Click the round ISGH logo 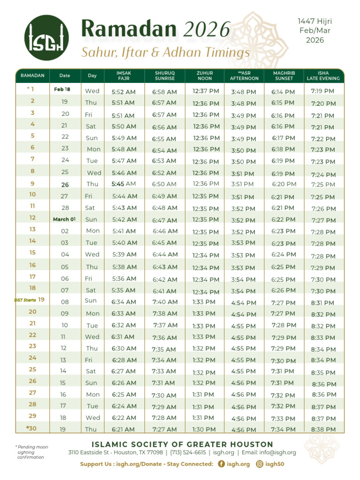click(x=46, y=37)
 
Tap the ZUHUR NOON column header click(x=205, y=75)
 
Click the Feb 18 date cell click(x=62, y=89)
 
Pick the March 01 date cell click(x=64, y=219)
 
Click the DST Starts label click(x=25, y=300)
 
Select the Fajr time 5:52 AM click(x=124, y=92)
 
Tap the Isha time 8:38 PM click(x=323, y=429)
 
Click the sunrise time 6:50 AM click(x=164, y=184)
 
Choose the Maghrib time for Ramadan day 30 click(x=283, y=429)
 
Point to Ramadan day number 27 click(x=32, y=393)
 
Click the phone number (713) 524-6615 click(x=188, y=452)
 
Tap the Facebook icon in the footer click(x=222, y=464)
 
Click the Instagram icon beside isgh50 click(x=259, y=464)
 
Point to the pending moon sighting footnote click(x=32, y=452)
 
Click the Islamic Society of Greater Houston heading click(x=182, y=444)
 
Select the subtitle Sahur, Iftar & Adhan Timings click(x=165, y=52)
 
